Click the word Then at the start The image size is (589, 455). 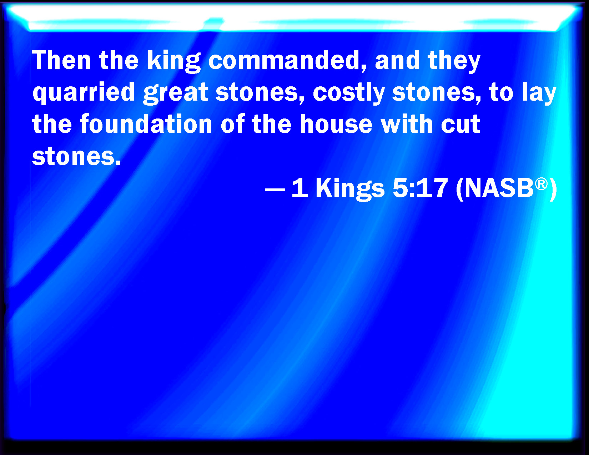[x=61, y=60]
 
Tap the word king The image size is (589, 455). [x=174, y=61]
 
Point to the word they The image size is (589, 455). [x=454, y=61]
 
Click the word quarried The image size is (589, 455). [x=84, y=93]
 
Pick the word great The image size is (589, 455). [x=175, y=93]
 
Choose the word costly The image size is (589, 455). [x=349, y=93]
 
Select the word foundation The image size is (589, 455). [x=146, y=124]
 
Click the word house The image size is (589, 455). [x=336, y=124]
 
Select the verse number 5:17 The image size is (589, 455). [x=420, y=188]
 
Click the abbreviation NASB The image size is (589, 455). [x=499, y=188]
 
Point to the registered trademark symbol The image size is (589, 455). [x=541, y=184]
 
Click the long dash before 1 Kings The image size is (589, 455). [x=275, y=189]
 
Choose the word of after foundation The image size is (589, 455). [x=232, y=124]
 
